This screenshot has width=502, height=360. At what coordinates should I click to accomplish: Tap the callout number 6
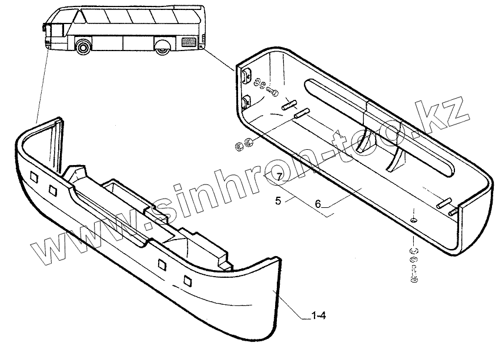318,204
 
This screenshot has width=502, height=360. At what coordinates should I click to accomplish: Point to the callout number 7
279,176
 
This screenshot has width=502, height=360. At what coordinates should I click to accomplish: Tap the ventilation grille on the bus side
189,42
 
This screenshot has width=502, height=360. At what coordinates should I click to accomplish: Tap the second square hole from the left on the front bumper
53,190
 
